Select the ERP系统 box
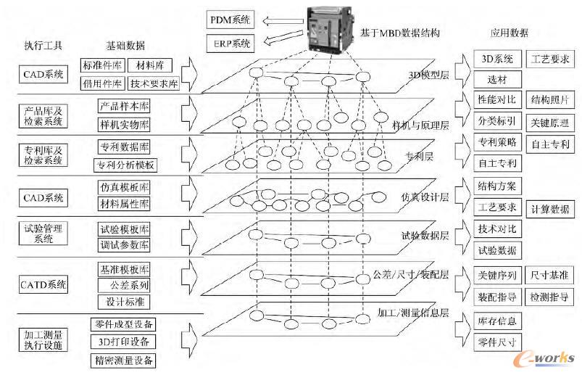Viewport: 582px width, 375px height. [x=229, y=43]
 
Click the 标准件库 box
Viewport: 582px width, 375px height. [x=101, y=65]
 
